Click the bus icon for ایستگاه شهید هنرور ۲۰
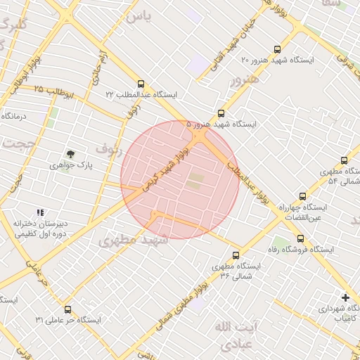point(277,49)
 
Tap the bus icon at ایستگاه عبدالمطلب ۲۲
point(141,83)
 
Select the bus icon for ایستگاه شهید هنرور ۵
point(221,112)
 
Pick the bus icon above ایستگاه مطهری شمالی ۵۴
point(344,160)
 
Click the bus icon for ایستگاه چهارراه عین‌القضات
point(302,196)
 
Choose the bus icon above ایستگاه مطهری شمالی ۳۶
point(235,256)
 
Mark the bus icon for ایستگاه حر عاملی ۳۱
point(67,309)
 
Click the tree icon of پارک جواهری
point(70,153)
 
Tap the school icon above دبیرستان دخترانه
point(39,212)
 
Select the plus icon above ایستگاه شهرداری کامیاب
point(345,297)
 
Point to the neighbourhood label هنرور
point(245,79)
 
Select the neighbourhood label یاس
point(136,17)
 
